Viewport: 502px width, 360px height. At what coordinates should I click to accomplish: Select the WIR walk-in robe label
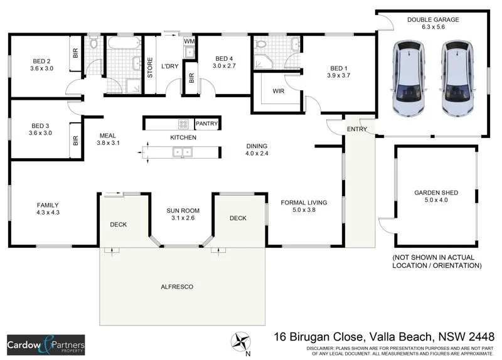pos(279,91)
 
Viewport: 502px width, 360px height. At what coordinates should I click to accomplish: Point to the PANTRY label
pos(206,124)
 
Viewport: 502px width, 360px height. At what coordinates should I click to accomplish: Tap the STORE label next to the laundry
pos(150,67)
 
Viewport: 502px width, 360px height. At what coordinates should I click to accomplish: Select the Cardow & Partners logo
pos(46,345)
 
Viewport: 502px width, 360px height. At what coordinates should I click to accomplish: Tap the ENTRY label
pos(357,129)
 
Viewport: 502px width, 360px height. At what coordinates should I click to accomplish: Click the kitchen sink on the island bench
pos(182,151)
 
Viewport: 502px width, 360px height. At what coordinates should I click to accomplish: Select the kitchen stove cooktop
pos(184,124)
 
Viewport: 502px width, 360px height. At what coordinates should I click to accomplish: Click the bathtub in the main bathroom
pos(123,45)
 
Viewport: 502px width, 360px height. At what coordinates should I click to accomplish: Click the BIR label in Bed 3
pos(75,140)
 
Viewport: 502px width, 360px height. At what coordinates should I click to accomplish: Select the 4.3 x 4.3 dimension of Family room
pos(48,213)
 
